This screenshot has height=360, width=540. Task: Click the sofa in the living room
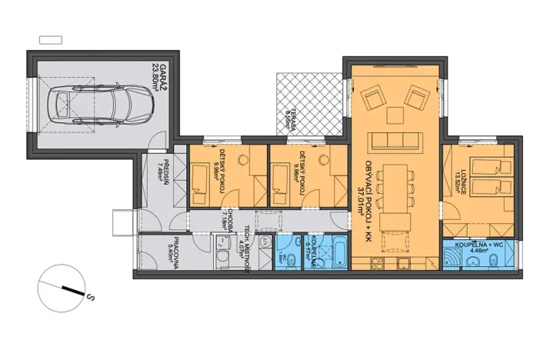click(x=395, y=142)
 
